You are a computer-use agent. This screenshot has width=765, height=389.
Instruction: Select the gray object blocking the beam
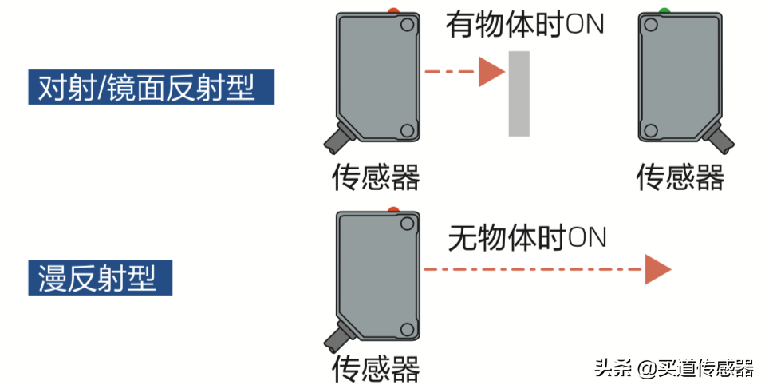point(519,93)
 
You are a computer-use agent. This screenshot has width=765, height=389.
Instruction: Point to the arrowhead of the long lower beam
point(657,270)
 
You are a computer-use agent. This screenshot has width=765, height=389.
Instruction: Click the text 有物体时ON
point(525,25)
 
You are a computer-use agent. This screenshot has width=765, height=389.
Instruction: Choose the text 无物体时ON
point(527,237)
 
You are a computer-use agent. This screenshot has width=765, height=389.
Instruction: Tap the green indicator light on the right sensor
point(664,11)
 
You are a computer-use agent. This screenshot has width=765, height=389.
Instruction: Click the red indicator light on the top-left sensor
point(392,10)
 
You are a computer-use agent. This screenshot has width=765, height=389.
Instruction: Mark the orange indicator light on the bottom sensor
point(393,209)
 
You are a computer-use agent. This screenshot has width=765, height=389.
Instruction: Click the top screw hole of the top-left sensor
point(407,26)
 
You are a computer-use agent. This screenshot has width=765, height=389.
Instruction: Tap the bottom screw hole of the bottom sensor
point(407,328)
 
